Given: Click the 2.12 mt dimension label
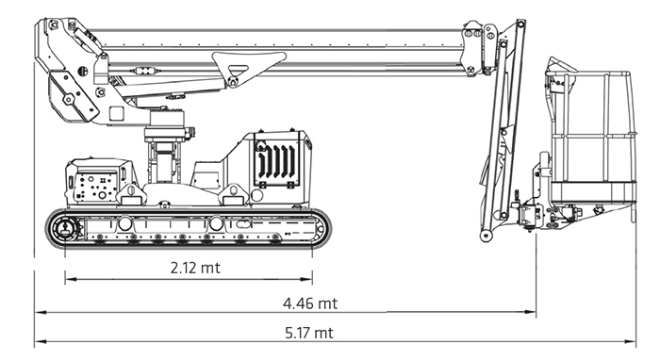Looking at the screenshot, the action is (x=195, y=268).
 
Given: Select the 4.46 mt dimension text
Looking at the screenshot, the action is (x=310, y=303).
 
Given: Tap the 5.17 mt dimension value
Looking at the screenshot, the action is (x=309, y=333).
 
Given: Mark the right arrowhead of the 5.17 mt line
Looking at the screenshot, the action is (x=631, y=342).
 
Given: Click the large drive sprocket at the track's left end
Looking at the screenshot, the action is (x=65, y=229).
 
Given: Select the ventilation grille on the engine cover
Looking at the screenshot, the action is (x=276, y=161).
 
